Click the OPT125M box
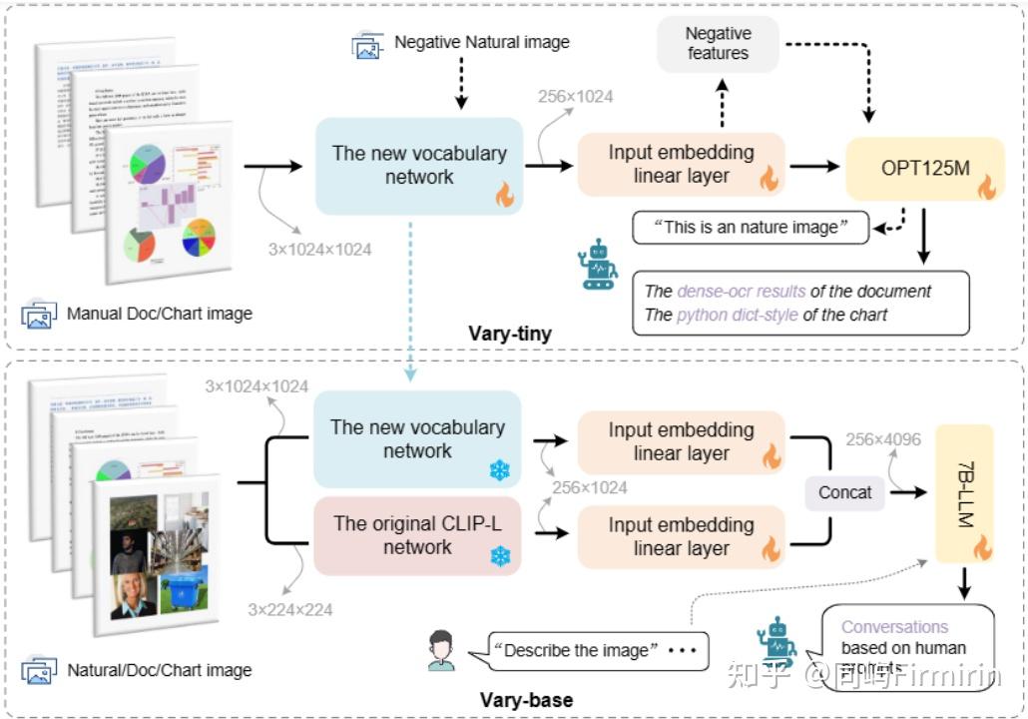[924, 170]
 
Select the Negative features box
[718, 44]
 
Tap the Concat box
[844, 492]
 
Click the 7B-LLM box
[964, 493]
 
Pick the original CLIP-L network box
[418, 535]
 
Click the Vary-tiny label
[510, 334]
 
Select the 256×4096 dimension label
[883, 439]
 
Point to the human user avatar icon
[441, 651]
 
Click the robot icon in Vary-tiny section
[600, 265]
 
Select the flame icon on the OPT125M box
[985, 187]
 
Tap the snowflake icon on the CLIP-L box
[499, 554]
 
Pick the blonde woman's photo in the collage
[133, 596]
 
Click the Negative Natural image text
[482, 42]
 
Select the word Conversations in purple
[894, 627]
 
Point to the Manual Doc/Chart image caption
[160, 314]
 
